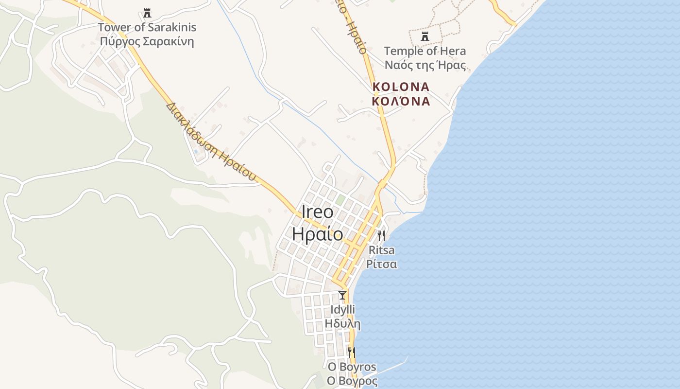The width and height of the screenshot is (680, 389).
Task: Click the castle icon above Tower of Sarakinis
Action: point(147,13)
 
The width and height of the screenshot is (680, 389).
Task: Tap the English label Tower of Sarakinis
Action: point(147,27)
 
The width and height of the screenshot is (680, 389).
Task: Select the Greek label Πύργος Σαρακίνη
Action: point(147,41)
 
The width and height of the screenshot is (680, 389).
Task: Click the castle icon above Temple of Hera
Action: point(425,36)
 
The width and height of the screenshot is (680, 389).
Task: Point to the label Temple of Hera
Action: point(425,51)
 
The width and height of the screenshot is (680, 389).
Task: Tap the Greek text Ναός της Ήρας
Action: point(425,65)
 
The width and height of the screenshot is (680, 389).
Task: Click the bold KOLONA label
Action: point(401,87)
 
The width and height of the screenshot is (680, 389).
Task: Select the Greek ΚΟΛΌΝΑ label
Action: point(401,101)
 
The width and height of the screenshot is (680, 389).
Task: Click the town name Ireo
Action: point(318,212)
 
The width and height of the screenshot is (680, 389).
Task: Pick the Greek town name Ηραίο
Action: point(318,234)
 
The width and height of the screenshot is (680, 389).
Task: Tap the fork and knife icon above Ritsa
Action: point(381,236)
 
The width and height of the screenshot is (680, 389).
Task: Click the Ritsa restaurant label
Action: point(382,250)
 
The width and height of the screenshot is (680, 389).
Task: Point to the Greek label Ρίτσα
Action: point(382,265)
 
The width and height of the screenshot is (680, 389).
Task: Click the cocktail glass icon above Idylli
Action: point(342,295)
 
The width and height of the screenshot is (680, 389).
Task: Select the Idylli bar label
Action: point(343,310)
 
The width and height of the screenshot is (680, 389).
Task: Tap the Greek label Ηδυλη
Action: point(343,324)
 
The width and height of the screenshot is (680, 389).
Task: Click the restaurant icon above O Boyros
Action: point(352,353)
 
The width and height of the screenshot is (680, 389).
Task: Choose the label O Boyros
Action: point(352,367)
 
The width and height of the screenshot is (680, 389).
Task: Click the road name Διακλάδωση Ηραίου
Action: point(211,141)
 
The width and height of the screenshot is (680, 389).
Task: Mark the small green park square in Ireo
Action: point(340,200)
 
